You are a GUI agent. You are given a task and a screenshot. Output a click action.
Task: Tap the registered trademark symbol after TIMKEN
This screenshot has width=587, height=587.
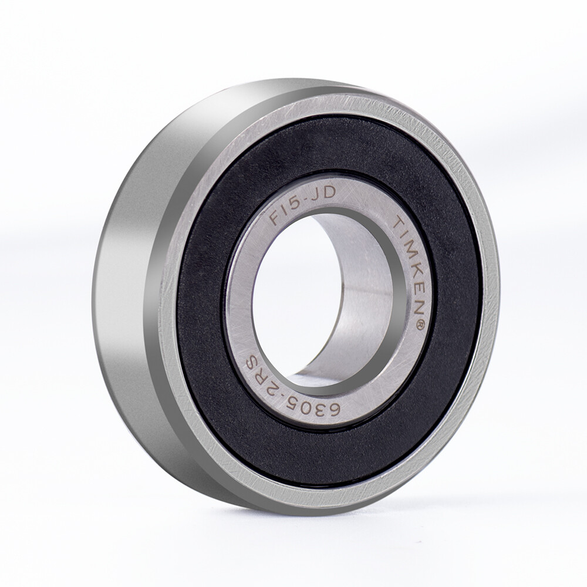click(419, 325)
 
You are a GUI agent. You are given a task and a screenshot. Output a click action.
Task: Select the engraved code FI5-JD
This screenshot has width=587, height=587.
click(303, 207)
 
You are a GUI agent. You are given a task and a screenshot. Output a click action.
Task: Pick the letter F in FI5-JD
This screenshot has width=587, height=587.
click(276, 218)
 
